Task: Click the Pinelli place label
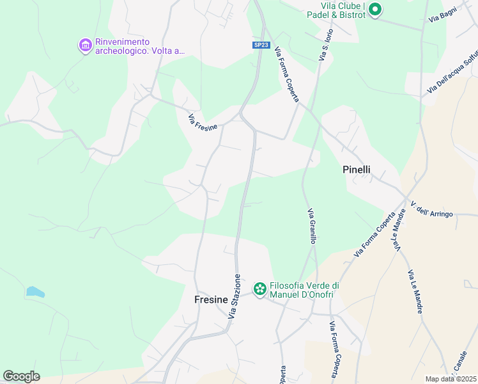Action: point(357,170)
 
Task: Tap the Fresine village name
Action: point(212,299)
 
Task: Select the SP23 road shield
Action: point(259,45)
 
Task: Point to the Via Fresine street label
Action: point(203,120)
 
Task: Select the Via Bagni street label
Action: point(442,19)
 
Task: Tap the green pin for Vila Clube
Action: point(375,10)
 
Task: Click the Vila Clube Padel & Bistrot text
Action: point(335,10)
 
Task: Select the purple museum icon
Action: point(85,46)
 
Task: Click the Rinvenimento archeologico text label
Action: point(139,46)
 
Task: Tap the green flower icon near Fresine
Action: point(259,290)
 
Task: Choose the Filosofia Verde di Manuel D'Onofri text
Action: point(304,290)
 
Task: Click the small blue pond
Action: point(36,292)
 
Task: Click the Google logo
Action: point(22,376)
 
